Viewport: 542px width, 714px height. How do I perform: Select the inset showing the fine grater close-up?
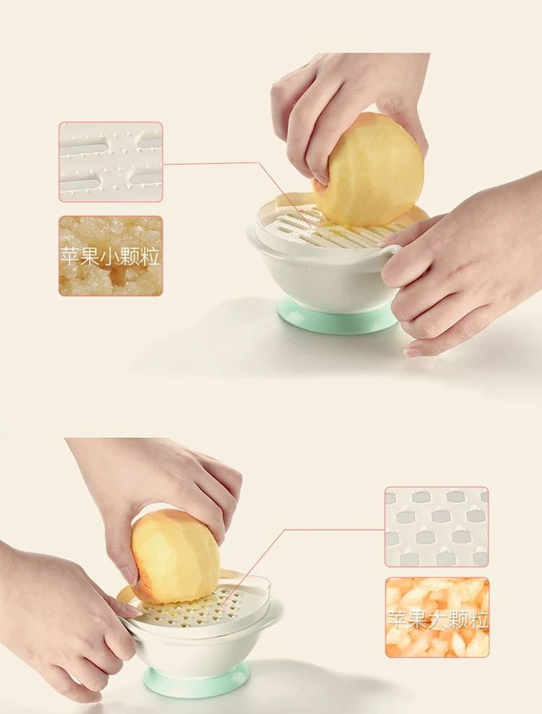[111, 162]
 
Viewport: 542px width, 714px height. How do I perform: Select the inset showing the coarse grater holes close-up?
[436, 526]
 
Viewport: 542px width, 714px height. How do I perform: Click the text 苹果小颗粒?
[111, 257]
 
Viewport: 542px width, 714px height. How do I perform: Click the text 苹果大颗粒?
[436, 619]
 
